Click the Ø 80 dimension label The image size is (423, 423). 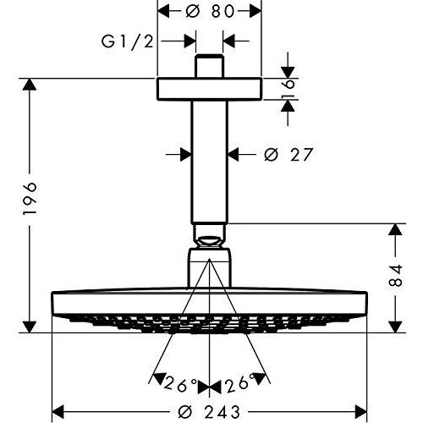(x=210, y=12)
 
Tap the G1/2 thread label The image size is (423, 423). (x=128, y=42)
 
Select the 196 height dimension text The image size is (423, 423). (x=30, y=199)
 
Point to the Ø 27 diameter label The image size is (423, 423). (x=288, y=155)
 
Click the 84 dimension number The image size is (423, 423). (x=396, y=276)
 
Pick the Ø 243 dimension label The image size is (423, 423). (x=209, y=411)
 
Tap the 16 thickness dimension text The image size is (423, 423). (x=288, y=89)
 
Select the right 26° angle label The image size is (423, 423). (x=238, y=382)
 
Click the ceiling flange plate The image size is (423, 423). (x=210, y=89)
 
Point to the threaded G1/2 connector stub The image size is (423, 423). (x=210, y=66)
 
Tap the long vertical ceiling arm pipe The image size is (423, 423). (x=209, y=162)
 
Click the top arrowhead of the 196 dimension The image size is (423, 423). (x=30, y=84)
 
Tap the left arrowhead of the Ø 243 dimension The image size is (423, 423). (x=58, y=411)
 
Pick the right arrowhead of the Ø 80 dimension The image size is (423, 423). (x=255, y=12)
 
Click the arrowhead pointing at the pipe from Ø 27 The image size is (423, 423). (x=233, y=155)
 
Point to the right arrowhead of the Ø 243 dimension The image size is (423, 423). (x=360, y=411)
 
